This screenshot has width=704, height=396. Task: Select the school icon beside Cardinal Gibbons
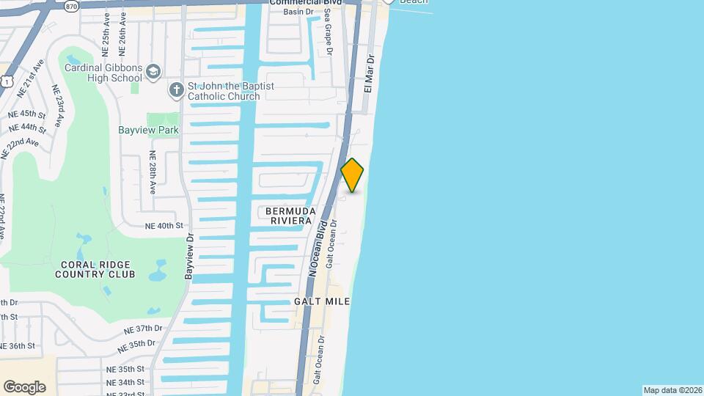pyautogui.click(x=153, y=71)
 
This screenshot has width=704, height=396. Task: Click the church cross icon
pyautogui.click(x=176, y=90)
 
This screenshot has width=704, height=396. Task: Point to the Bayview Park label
pyautogui.click(x=149, y=130)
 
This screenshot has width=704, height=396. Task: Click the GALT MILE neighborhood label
pyautogui.click(x=322, y=301)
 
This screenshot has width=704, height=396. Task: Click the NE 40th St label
pyautogui.click(x=163, y=226)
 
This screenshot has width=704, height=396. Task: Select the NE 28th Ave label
pyautogui.click(x=153, y=172)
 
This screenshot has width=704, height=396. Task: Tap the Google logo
pyautogui.click(x=24, y=387)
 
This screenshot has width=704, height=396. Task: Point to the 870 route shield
pyautogui.click(x=51, y=6)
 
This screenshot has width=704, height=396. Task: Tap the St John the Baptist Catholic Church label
pyautogui.click(x=231, y=91)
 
